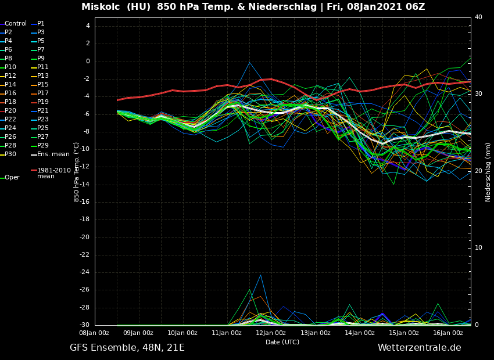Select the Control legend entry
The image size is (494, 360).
pyautogui.click(x=16, y=24)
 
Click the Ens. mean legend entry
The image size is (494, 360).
pyautogui.click(x=53, y=154)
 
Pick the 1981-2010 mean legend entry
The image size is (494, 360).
pyautogui.click(x=53, y=173)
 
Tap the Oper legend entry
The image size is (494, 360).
pyautogui.click(x=12, y=178)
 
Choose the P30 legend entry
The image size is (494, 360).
pyautogui.click(x=10, y=154)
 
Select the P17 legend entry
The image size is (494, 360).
pyautogui.click(x=43, y=93)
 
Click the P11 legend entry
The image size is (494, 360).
pyautogui.click(x=43, y=67)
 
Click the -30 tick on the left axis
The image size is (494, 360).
pyautogui.click(x=84, y=325)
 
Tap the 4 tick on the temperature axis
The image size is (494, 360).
pyautogui.click(x=88, y=26)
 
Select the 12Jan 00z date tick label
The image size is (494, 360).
pyautogui.click(x=270, y=333)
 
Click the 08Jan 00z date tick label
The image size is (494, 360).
pyautogui.click(x=94, y=333)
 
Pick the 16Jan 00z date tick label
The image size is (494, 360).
pyautogui.click(x=448, y=333)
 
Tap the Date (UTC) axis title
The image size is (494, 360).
pyautogui.click(x=282, y=343)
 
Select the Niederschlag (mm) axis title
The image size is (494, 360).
pyautogui.click(x=488, y=172)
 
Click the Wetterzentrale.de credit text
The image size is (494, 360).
pyautogui.click(x=419, y=348)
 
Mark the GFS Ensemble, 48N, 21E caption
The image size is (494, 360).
pyautogui.click(x=127, y=348)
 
